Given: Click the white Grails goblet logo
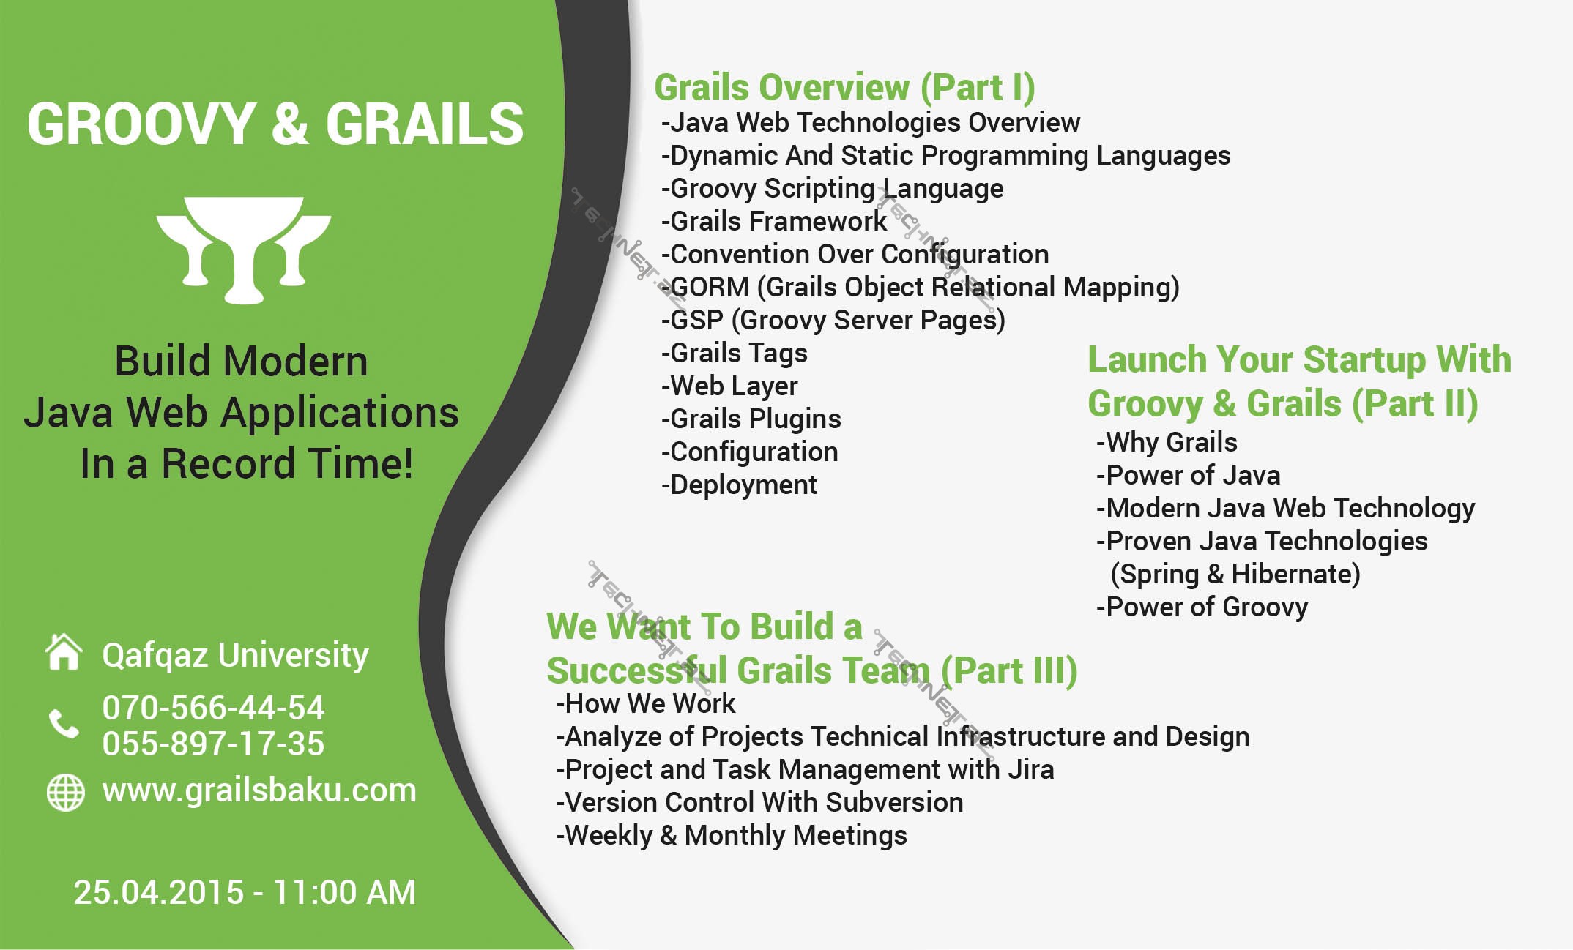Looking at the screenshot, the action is click(244, 249).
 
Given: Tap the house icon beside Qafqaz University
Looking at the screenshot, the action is click(64, 651).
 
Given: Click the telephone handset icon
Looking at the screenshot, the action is click(64, 724).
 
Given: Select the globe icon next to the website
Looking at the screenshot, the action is click(65, 792).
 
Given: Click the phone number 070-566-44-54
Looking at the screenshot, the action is click(213, 708).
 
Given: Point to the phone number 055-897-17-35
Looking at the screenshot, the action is click(213, 744).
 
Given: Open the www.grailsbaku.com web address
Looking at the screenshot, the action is click(259, 791).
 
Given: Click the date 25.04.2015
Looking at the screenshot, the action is click(159, 892).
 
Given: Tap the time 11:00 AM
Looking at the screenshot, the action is click(344, 892).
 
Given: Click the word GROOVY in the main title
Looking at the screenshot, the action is click(141, 123).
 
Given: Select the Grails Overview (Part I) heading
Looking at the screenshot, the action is click(844, 88).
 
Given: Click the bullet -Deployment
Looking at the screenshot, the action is click(739, 485).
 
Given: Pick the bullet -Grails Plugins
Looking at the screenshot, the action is click(751, 419).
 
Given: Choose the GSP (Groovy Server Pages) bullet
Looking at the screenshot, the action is click(833, 321).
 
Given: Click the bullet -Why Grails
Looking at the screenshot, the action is click(1167, 442).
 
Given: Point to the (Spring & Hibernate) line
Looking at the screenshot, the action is click(1235, 575).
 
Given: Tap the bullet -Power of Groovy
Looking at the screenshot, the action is click(1202, 607).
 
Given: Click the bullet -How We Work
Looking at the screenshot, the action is click(645, 703).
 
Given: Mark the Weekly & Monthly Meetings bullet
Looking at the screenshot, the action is click(731, 835).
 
